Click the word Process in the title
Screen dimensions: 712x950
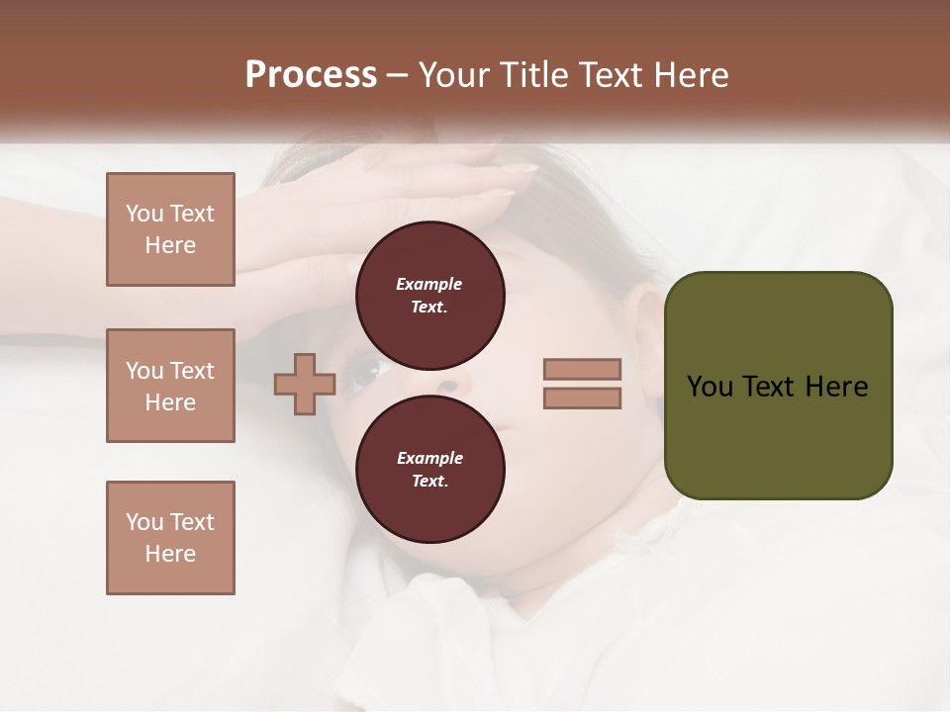click(x=311, y=75)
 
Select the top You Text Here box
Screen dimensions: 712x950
click(x=170, y=229)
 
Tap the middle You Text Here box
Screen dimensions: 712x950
click(x=170, y=386)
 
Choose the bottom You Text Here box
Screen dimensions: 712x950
click(x=170, y=538)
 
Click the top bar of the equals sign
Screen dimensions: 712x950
click(x=582, y=370)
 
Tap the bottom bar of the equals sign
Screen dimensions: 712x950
click(x=582, y=399)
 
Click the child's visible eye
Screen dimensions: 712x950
click(x=373, y=373)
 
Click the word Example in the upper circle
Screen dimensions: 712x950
click(x=429, y=284)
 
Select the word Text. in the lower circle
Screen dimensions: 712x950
click(x=429, y=482)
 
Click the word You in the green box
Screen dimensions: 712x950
click(x=710, y=387)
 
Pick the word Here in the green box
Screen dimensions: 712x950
click(x=836, y=387)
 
